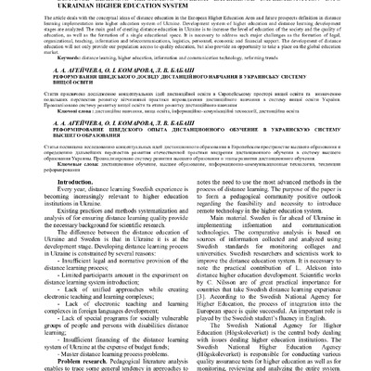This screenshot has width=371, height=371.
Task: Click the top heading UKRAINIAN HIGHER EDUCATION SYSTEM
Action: pyautogui.click(x=185, y=5)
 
